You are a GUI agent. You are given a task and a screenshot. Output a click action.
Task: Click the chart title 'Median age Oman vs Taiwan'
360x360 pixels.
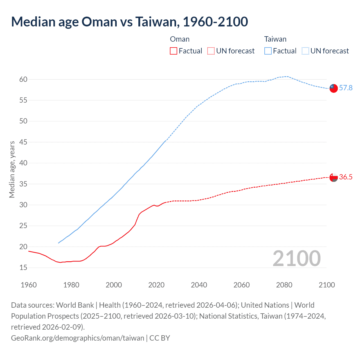click(129, 22)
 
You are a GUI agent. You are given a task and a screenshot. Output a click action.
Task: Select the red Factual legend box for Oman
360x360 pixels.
click(174, 51)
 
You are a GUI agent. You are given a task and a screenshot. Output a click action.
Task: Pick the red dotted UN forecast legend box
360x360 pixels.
click(211, 51)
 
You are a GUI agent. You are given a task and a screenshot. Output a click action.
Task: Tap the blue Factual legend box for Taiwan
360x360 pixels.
click(268, 51)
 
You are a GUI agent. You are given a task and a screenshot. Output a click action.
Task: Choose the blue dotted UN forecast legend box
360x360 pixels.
click(305, 51)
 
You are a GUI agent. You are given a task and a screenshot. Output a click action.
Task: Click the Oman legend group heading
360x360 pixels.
click(180, 39)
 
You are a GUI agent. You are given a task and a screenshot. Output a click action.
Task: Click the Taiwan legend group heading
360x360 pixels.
click(275, 39)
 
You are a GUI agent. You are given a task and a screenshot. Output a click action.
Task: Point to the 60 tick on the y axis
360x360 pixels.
click(23, 79)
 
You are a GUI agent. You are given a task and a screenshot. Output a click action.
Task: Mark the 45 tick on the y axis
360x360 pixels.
click(23, 142)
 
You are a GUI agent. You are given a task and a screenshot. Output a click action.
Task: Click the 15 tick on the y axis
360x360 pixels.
click(23, 267)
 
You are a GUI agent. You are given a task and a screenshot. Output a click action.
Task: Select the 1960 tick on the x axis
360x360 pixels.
click(29, 285)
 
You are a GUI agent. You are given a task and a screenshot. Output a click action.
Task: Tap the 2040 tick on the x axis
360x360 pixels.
click(199, 285)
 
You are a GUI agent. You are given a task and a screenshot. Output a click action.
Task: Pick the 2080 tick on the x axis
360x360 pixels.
click(284, 285)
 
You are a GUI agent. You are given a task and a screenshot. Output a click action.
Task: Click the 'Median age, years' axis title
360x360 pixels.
click(12, 170)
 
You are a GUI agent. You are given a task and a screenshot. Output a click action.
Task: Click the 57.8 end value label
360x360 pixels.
click(346, 88)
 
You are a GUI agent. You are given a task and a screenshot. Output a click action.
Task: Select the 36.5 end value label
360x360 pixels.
click(346, 177)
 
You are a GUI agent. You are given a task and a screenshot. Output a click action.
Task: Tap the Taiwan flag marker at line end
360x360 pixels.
click(334, 88)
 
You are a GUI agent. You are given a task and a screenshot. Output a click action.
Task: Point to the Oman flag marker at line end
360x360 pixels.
click(334, 177)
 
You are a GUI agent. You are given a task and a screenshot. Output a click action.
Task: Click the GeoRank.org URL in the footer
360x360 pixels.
click(77, 338)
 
